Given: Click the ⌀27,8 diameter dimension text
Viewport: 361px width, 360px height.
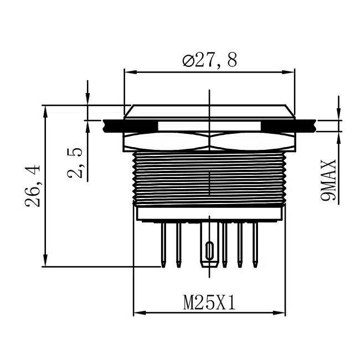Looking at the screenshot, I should pos(210,59).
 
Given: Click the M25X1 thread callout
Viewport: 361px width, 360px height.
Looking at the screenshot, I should pos(210,303).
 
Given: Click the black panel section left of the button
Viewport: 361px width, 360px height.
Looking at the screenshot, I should pos(113,126).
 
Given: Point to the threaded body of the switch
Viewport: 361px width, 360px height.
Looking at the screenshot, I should pos(209,177).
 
